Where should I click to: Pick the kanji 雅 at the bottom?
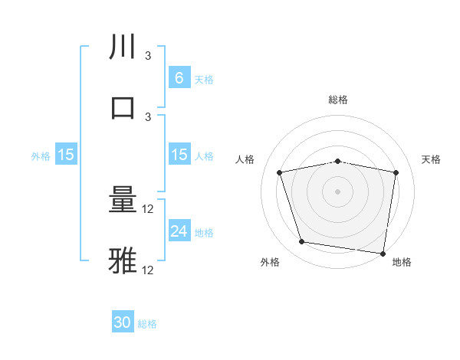[123, 261]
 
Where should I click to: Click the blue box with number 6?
[179, 77]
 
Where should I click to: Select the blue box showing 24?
[179, 231]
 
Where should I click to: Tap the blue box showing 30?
[123, 322]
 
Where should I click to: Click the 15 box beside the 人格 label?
[179, 154]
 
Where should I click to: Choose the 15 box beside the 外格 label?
[66, 154]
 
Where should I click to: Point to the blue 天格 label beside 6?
[204, 79]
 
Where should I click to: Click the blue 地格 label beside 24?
[204, 232]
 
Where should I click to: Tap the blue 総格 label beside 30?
[148, 324]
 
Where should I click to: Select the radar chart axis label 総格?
[338, 100]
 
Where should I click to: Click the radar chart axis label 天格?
[432, 159]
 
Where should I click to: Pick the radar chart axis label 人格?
[245, 159]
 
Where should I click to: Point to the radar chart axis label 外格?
[270, 263]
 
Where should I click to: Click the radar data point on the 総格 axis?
[338, 161]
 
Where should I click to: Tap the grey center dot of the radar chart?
[338, 191]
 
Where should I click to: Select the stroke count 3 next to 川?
[148, 56]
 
